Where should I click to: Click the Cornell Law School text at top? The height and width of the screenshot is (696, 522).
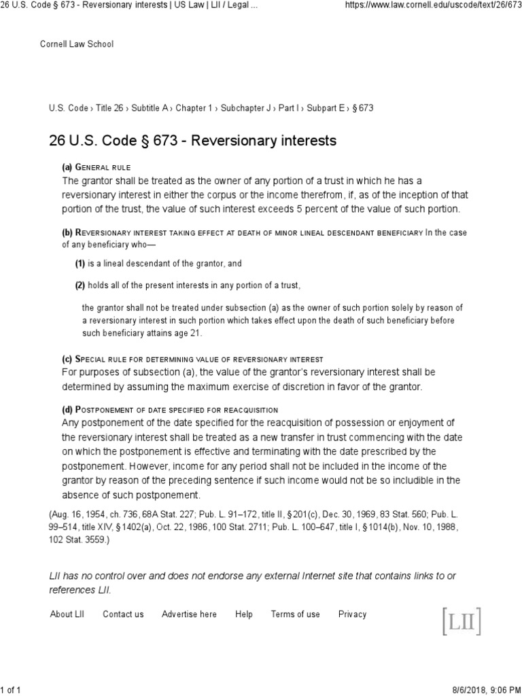click(x=77, y=44)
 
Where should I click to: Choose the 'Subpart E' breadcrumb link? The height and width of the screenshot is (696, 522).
click(x=328, y=108)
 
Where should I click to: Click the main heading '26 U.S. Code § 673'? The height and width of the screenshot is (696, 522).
click(x=192, y=141)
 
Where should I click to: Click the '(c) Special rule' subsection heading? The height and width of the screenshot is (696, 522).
click(x=192, y=359)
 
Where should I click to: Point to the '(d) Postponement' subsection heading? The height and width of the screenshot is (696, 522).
click(x=170, y=409)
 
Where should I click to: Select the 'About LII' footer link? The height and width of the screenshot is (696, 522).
click(x=67, y=614)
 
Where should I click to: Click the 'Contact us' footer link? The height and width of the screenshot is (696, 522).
click(x=123, y=614)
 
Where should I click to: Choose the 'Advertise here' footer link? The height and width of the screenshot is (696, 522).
click(x=189, y=614)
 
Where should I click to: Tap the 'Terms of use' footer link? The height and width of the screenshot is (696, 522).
click(x=295, y=614)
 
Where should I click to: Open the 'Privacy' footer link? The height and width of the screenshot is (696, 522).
click(x=352, y=614)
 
